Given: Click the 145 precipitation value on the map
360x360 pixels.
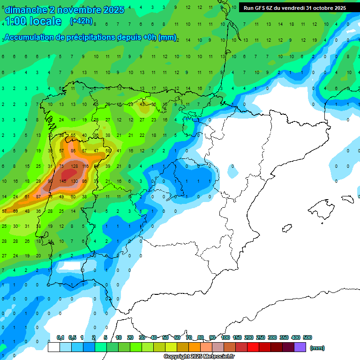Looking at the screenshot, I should click(63, 181).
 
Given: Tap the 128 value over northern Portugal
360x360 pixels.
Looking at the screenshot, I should click(74, 166).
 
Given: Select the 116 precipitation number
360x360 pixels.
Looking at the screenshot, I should click(85, 166).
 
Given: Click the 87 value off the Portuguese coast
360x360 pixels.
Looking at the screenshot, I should click(39, 197).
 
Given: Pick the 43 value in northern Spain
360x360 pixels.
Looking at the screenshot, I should click(142, 104).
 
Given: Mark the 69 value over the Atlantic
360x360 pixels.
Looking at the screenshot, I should click(15, 211).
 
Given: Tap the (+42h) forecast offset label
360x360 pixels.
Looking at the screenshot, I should click(81, 21).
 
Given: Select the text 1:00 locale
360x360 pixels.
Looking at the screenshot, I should click(34, 21).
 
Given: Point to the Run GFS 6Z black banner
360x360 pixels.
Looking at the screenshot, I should click(295, 8).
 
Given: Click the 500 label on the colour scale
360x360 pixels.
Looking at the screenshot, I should click(307, 337).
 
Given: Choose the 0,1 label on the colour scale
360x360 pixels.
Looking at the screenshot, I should click(60, 337).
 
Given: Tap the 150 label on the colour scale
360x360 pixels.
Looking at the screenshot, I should click(237, 337).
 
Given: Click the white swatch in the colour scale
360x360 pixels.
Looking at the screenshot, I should click(53, 347).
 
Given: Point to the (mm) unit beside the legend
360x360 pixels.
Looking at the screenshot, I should click(317, 348).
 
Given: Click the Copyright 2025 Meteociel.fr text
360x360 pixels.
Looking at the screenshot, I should click(199, 357).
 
